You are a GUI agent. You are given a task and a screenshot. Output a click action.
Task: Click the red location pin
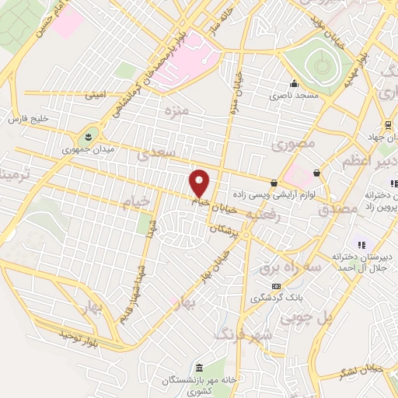click(200, 182)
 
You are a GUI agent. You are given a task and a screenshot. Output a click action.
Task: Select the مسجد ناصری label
click(293, 96)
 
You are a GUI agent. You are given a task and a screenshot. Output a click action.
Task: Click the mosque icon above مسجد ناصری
click(293, 85)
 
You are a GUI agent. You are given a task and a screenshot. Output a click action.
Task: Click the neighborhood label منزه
click(176, 112)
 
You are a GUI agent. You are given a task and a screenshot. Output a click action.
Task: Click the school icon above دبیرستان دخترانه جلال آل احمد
click(361, 245)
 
